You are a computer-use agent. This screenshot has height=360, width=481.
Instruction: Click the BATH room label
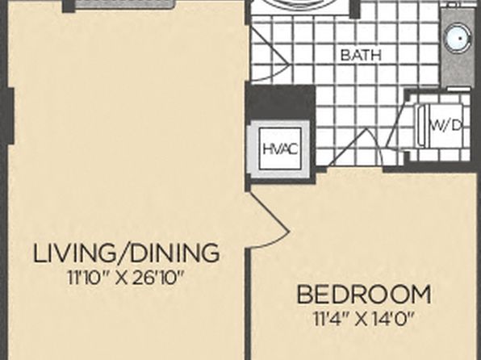361,55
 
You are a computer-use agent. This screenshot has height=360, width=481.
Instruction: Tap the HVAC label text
280,149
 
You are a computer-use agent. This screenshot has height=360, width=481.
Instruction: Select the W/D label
446,125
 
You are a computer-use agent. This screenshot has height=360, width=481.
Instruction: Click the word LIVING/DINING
126,253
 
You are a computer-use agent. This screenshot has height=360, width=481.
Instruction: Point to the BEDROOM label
364,295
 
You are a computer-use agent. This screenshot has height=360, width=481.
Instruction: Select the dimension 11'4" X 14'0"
364,320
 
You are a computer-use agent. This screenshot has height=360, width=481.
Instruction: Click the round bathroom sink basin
458,39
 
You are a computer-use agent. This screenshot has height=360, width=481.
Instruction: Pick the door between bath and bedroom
356,148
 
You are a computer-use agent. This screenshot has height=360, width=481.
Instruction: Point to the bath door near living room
270,55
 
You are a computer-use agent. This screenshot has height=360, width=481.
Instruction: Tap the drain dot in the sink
461,39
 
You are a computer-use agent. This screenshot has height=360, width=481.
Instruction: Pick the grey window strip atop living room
125,4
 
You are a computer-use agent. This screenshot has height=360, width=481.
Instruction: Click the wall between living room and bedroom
249,303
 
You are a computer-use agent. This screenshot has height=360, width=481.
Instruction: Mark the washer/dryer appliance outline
439,125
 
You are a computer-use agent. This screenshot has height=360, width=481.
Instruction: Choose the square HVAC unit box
280,149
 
